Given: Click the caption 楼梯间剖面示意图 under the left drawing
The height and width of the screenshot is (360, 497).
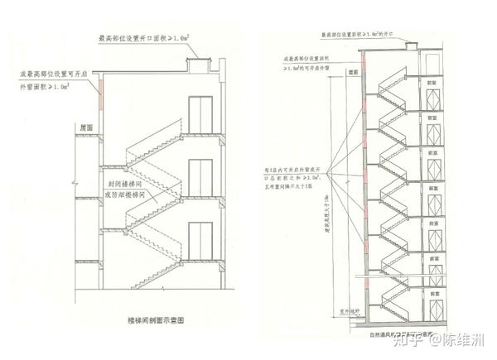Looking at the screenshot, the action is coord(158,319).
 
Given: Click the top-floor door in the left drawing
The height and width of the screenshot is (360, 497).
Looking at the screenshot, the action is coord(198,113).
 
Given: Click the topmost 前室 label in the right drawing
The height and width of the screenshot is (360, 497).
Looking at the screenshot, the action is coord(431,84).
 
